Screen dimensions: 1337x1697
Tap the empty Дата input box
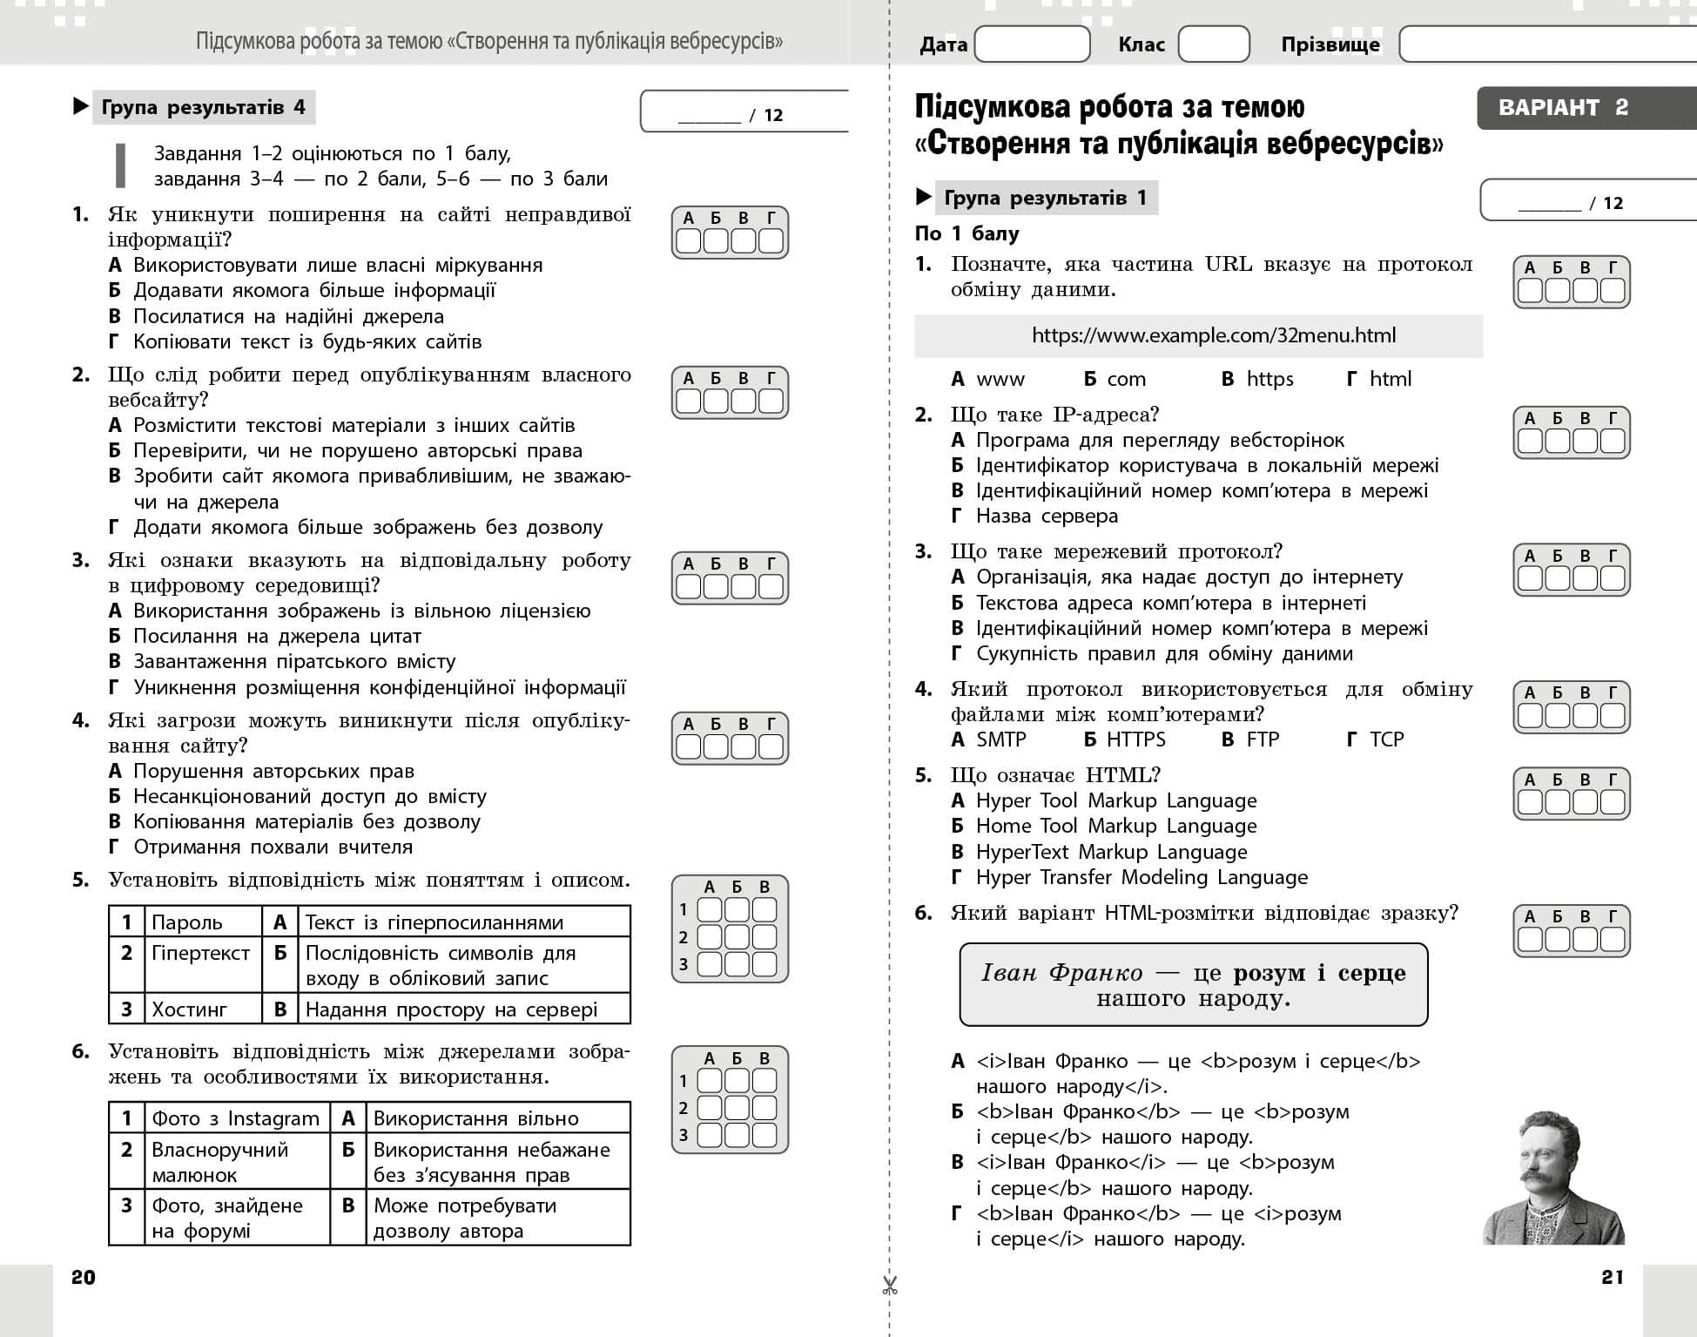click(1032, 44)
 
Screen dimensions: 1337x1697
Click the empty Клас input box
click(1213, 44)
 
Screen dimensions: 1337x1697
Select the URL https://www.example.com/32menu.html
click(1213, 335)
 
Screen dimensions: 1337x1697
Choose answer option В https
click(1258, 379)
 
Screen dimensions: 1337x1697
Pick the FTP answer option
click(1251, 739)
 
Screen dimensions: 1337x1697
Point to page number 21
click(1613, 1277)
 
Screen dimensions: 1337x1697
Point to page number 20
click(84, 1277)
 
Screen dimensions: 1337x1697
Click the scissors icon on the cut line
click(889, 1286)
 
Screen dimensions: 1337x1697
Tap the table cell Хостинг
click(189, 1010)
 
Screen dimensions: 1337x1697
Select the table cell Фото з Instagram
click(235, 1118)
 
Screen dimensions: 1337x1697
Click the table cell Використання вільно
click(475, 1118)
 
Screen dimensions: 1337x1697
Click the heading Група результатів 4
click(203, 107)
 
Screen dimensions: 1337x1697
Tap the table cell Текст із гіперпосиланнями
click(434, 922)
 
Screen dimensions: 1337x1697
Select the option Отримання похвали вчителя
click(272, 847)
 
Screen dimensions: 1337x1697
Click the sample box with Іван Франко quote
click(1193, 985)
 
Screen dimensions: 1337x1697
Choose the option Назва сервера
click(1046, 516)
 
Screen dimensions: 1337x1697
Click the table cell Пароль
click(186, 922)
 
